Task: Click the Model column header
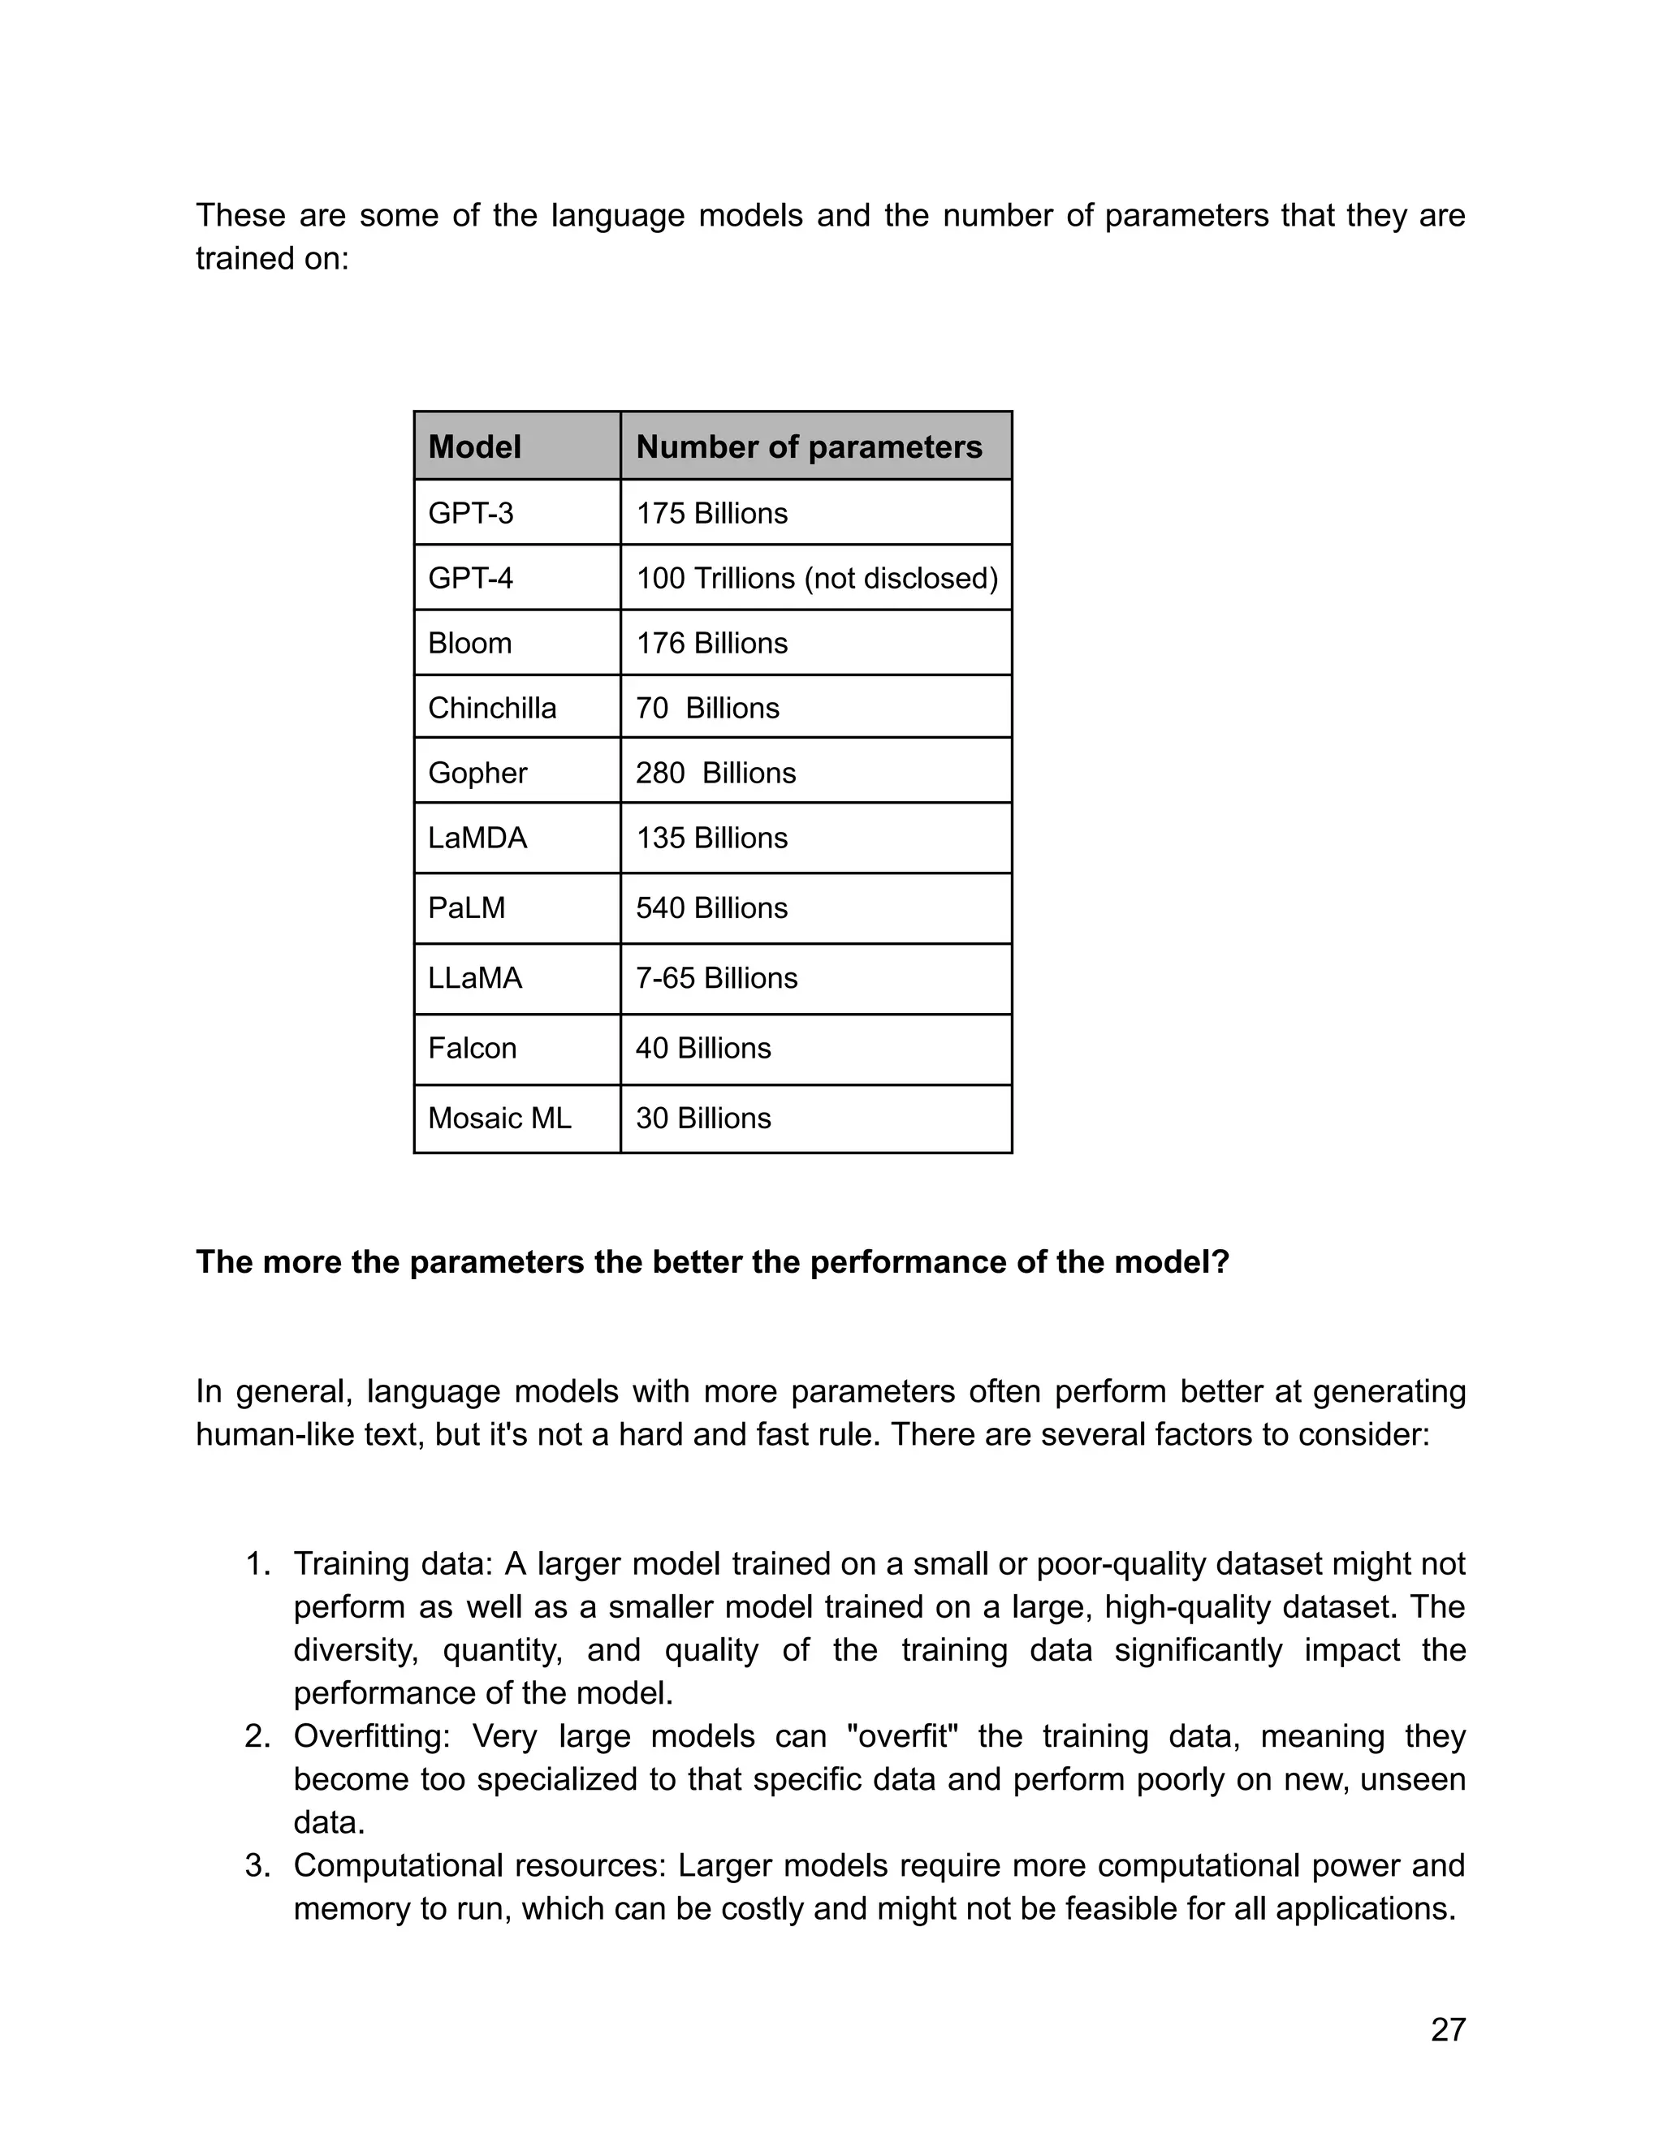tap(474, 447)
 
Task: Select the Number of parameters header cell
tap(809, 447)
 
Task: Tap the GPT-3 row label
tap(470, 513)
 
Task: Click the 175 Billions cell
tap(711, 513)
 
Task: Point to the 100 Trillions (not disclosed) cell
tap(817, 578)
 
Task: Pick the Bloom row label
tap(469, 643)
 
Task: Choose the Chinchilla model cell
tap(491, 708)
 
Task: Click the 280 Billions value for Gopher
tap(715, 773)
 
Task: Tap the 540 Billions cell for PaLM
tap(711, 908)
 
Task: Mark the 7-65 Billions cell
tap(716, 978)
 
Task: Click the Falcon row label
tap(472, 1048)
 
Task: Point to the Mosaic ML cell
tap(499, 1118)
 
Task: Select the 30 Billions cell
tap(702, 1118)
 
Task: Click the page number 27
tap(1447, 2030)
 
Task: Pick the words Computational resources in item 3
tap(480, 1865)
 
